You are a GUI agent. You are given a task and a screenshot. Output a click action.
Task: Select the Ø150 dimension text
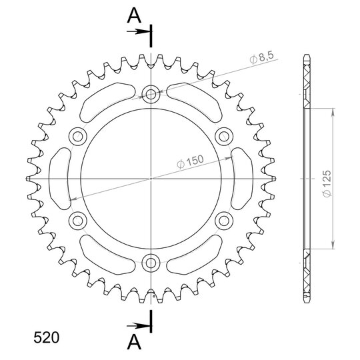190,161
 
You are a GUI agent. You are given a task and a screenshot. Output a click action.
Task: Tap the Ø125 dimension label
327,184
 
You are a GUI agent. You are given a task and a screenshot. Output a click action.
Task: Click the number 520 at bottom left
47,338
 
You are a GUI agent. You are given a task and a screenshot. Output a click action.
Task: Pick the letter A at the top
134,15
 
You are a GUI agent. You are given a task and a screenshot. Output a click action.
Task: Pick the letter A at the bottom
134,341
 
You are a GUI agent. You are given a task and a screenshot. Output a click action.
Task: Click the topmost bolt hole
151,94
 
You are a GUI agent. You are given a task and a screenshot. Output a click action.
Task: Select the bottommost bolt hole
151,263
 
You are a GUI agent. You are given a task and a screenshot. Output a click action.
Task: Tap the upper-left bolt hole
78,137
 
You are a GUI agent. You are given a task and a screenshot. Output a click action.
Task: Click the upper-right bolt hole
224,137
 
